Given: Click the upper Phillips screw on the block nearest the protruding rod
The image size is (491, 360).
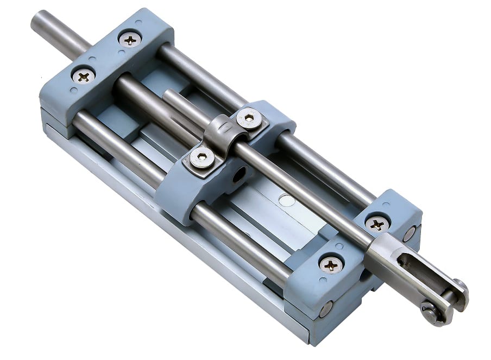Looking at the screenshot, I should (130, 39).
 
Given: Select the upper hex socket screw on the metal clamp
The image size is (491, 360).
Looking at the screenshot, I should (249, 117).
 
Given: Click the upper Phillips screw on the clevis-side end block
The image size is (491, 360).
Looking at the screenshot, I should (376, 223).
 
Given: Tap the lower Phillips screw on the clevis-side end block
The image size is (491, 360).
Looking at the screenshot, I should (331, 264).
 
